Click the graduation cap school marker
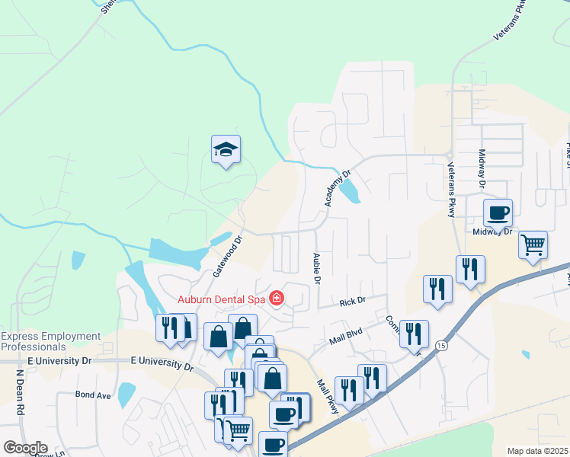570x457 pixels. coord(226,150)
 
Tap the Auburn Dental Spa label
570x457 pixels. coord(221,299)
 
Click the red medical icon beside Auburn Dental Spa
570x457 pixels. coord(276,299)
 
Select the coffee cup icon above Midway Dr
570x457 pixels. coord(498,213)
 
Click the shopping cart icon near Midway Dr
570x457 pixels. coord(533,245)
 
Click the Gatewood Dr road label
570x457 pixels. coord(227,254)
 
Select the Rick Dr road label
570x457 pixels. coord(353,301)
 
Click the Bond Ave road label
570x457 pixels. coord(93,395)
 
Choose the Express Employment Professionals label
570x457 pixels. coord(51,341)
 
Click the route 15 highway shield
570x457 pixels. coord(441,345)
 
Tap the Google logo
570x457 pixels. coord(25,448)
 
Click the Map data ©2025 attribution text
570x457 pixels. coord(537,451)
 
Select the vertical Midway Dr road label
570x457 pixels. coord(482,168)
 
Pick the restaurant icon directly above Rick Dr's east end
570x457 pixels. coord(437,289)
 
